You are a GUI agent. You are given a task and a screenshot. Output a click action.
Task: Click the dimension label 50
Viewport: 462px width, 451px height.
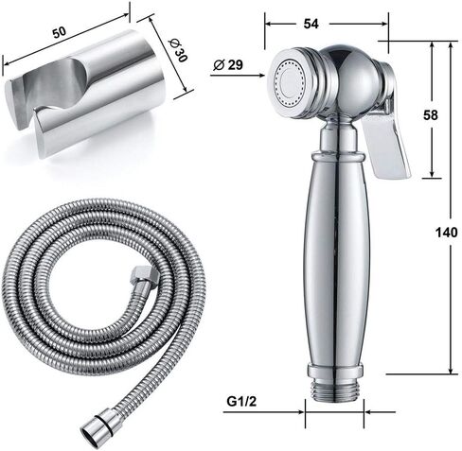click(60, 32)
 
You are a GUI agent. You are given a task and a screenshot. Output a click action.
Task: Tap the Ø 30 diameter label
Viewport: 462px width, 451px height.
click(178, 50)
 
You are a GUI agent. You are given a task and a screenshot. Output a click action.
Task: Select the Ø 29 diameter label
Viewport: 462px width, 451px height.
click(228, 65)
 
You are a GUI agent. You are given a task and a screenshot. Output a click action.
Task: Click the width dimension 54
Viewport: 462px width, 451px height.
click(311, 24)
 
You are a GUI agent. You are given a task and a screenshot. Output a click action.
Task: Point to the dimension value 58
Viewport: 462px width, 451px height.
click(431, 115)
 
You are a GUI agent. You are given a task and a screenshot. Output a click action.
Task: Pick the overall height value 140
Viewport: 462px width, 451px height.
click(446, 233)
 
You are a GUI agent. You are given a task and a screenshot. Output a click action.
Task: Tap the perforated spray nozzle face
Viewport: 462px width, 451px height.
click(288, 82)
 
